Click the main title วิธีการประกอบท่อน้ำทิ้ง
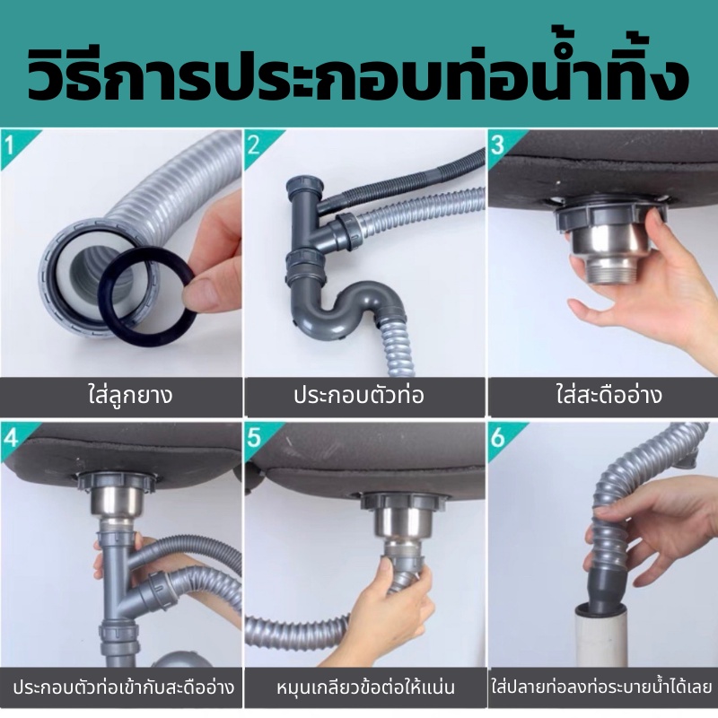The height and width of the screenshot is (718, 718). tap(358, 73)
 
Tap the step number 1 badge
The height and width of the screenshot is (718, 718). tap(10, 145)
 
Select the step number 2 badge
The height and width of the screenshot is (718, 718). tap(254, 145)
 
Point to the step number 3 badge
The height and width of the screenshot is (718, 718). tap(497, 145)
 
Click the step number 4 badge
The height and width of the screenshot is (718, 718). tap(10, 438)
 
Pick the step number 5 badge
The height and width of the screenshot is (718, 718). tap(254, 438)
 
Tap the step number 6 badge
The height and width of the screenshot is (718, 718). tap(497, 438)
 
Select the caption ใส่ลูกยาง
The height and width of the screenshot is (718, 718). tap(130, 396)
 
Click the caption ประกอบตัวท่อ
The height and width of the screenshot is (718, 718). tap(359, 396)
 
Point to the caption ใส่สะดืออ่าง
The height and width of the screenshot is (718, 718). tap(609, 396)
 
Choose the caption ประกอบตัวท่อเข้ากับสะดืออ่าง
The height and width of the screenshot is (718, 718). tap(124, 687)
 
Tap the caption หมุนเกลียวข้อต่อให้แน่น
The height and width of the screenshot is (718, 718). tap(366, 687)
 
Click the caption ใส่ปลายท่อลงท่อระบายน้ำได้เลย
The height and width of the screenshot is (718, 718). tap(602, 687)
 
